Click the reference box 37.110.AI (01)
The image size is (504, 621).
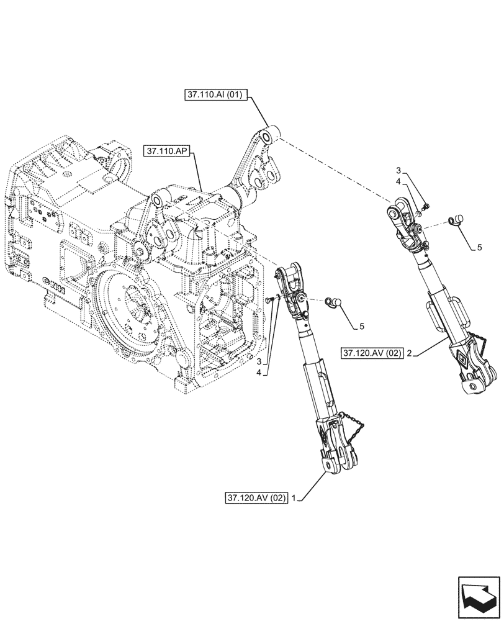(217, 95)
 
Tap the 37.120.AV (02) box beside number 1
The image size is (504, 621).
(257, 497)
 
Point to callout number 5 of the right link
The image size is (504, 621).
(479, 247)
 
